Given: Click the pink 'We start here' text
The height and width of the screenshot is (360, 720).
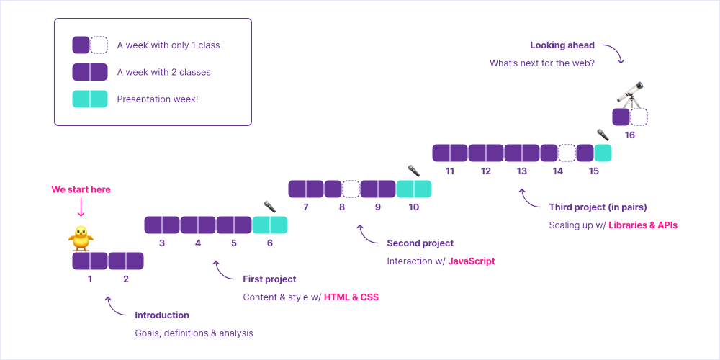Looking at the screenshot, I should pyautogui.click(x=81, y=189).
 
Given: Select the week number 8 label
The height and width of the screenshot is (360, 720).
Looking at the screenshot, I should pyautogui.click(x=342, y=207).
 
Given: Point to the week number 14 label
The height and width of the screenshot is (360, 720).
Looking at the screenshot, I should pyautogui.click(x=558, y=171).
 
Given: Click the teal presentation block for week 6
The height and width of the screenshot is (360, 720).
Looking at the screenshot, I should pyautogui.click(x=270, y=225).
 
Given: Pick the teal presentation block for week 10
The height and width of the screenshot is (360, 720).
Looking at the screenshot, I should pyautogui.click(x=414, y=189).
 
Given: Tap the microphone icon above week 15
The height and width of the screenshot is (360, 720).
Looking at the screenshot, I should pyautogui.click(x=603, y=135).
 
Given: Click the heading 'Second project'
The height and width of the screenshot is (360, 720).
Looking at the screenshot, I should pyautogui.click(x=420, y=243).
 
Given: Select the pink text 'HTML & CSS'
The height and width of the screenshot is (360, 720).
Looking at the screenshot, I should pyautogui.click(x=351, y=297).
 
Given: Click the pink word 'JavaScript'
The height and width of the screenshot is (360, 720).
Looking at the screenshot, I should pyautogui.click(x=472, y=261).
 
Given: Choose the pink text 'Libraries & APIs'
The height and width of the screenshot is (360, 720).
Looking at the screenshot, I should pyautogui.click(x=643, y=225).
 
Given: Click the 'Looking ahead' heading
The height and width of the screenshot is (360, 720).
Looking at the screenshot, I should pyautogui.click(x=562, y=45).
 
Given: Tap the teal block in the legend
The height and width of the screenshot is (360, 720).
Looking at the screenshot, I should pyautogui.click(x=90, y=99).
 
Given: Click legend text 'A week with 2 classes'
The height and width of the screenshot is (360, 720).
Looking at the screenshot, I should pyautogui.click(x=163, y=72).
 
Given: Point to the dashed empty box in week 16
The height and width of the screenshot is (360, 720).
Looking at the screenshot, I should pyautogui.click(x=639, y=117).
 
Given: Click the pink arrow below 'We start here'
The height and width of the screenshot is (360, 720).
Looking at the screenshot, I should pyautogui.click(x=81, y=208).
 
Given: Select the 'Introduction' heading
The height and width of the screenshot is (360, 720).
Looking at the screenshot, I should pyautogui.click(x=162, y=315).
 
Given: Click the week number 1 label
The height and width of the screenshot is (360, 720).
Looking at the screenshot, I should pyautogui.click(x=90, y=279).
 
